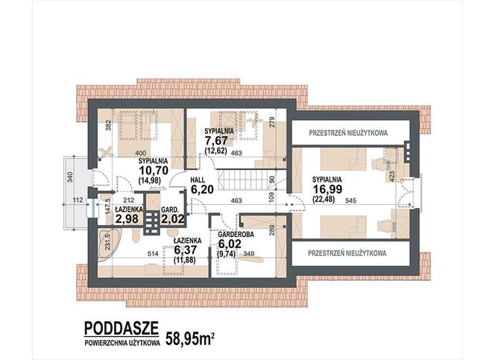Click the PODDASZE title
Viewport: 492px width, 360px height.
tap(122, 328)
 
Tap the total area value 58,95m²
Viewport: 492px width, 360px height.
tap(190, 338)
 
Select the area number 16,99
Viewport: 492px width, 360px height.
tap(327, 189)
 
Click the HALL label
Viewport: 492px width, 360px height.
tap(198, 180)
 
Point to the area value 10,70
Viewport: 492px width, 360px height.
tap(154, 171)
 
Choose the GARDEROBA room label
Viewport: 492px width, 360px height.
tap(236, 235)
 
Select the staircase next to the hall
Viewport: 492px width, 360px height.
tap(243, 180)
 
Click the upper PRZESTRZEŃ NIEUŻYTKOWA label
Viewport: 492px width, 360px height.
tap(348, 133)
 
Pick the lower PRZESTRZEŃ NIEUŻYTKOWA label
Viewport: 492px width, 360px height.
tap(347, 253)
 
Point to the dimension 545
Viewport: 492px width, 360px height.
tap(351, 201)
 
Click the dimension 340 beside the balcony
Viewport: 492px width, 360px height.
tap(70, 177)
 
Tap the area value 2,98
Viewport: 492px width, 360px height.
tap(127, 219)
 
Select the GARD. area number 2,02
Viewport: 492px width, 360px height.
tap(172, 219)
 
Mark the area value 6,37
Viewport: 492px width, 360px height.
tap(186, 250)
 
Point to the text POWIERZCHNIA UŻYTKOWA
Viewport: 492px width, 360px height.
tap(122, 343)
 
